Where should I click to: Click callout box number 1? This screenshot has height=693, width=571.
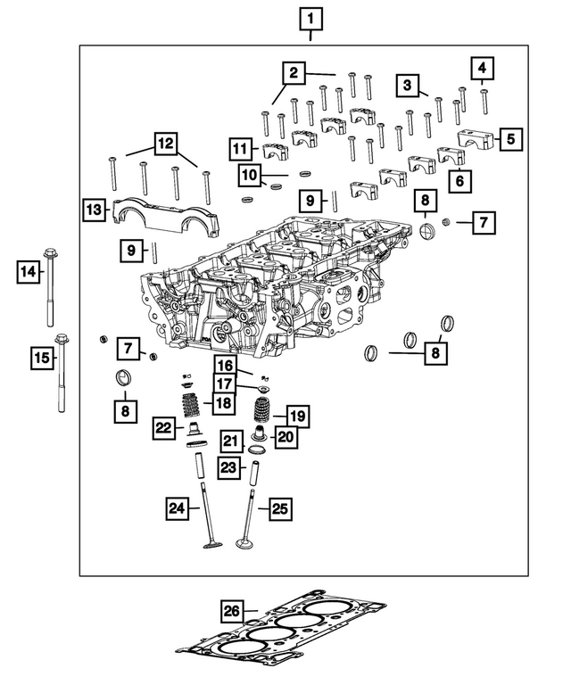(310, 18)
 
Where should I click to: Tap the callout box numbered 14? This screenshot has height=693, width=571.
(29, 269)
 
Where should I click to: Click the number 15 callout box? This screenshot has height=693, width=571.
(42, 359)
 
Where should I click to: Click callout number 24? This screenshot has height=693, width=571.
(177, 508)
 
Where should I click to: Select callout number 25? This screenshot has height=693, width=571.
(280, 508)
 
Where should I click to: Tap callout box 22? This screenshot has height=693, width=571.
(163, 428)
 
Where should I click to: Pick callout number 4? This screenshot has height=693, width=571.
(482, 68)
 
